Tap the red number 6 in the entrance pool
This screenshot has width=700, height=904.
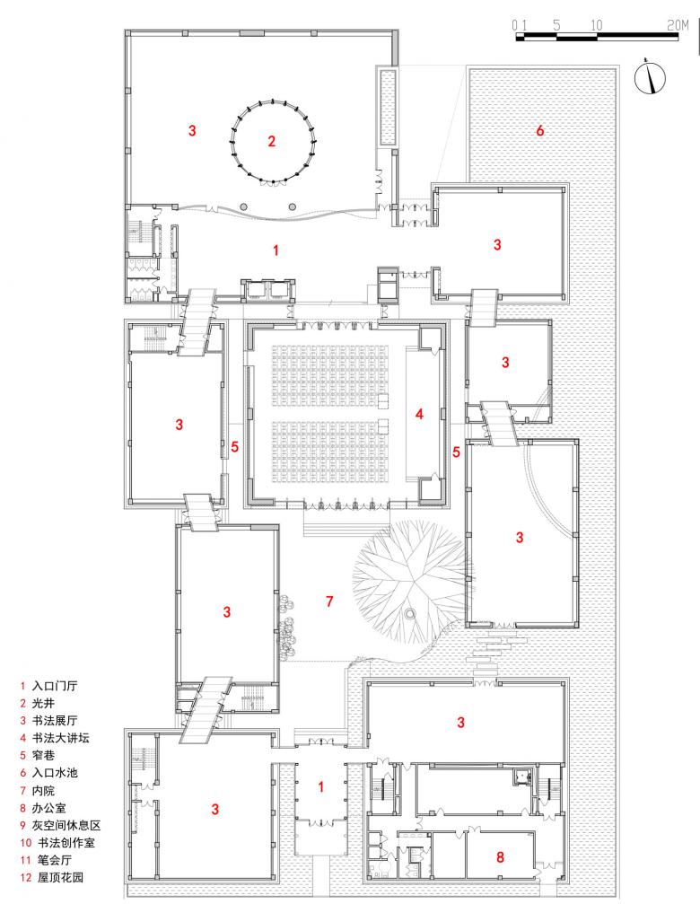[539, 131]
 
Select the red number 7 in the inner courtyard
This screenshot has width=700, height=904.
[329, 600]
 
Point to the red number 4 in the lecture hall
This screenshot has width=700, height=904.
[418, 414]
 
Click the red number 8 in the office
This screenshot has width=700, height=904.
[500, 856]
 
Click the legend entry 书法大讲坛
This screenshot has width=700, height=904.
[60, 737]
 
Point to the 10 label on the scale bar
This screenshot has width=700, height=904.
[597, 25]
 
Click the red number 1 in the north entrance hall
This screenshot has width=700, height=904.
[276, 250]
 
